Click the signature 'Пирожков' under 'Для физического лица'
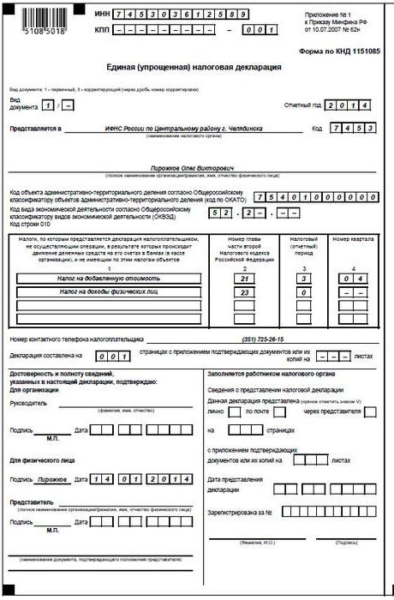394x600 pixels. click(x=53, y=480)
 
